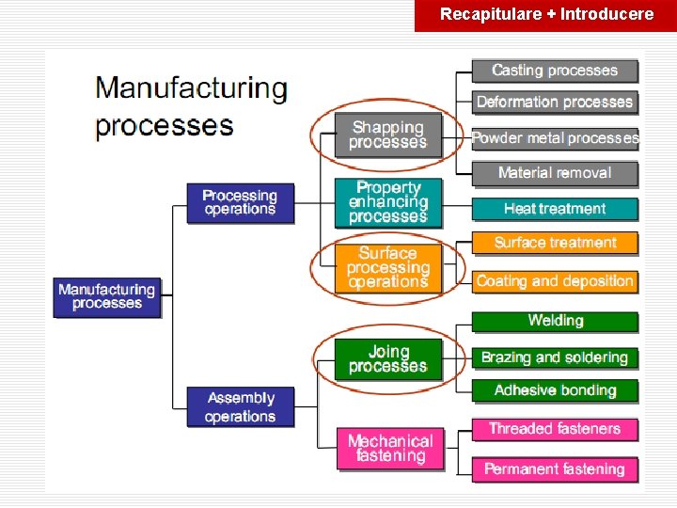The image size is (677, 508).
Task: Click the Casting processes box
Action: [x=555, y=71]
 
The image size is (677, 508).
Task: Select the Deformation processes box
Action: [x=555, y=102]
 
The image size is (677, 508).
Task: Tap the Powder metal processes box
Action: [x=555, y=138]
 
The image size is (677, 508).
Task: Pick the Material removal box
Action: [x=555, y=173]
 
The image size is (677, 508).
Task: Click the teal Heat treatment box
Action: [x=555, y=209]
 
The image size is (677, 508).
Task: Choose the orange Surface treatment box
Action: [x=555, y=243]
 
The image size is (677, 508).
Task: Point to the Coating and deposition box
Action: [x=555, y=280]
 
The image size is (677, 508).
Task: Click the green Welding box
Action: [x=555, y=321]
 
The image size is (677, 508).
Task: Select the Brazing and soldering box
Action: [x=555, y=357]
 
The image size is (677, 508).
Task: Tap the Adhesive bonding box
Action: [x=555, y=390]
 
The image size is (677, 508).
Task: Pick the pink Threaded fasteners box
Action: [x=555, y=429]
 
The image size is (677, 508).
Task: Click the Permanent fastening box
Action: [x=555, y=468]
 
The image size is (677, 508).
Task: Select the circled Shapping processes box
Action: [x=388, y=135]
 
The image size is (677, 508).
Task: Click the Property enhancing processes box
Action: [x=388, y=202]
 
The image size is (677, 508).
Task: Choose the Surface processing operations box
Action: [x=388, y=267]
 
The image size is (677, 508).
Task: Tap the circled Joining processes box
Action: [x=388, y=359]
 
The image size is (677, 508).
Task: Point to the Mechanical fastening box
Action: [x=390, y=448]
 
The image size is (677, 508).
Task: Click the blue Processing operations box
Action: [x=241, y=202]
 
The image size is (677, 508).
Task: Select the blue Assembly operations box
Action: [x=241, y=407]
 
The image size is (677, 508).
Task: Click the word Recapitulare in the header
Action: [x=490, y=14]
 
